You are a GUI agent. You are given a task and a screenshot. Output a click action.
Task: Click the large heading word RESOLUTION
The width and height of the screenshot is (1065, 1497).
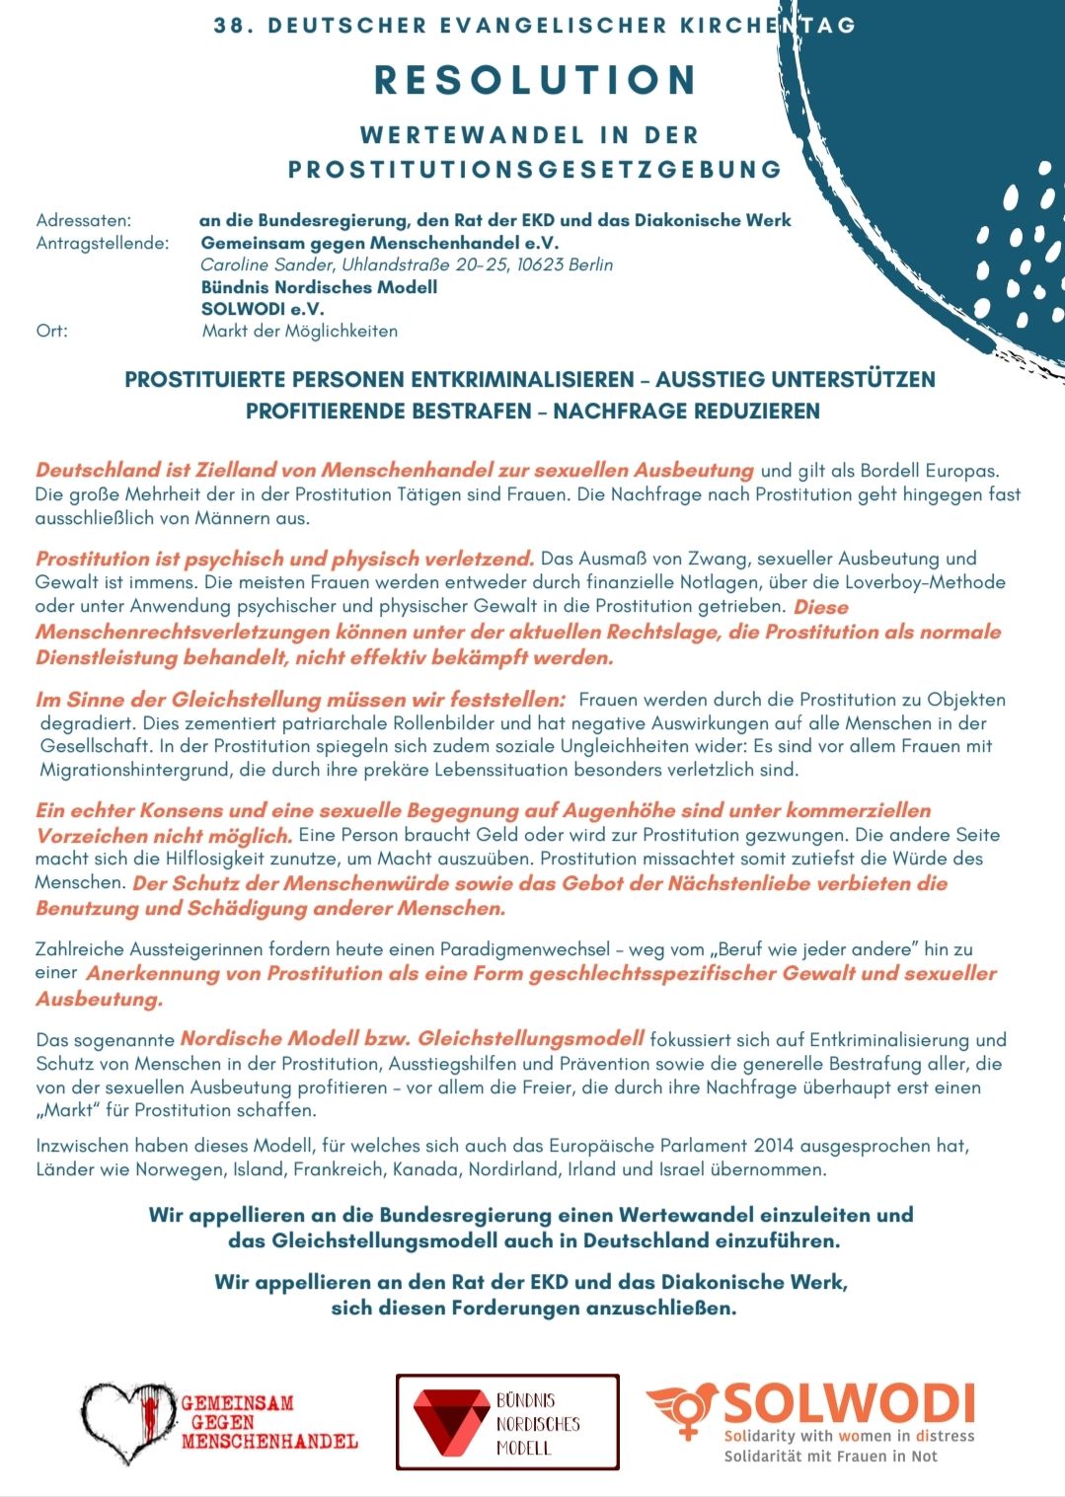[536, 81]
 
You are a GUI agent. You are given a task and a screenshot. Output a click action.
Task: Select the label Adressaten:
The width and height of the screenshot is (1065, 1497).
[83, 220]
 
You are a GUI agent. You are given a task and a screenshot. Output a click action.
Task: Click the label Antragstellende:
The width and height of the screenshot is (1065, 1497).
[102, 243]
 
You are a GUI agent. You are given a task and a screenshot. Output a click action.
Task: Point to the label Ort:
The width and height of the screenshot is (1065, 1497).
[51, 331]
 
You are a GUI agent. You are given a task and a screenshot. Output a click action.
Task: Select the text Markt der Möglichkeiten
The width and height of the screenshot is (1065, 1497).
[299, 331]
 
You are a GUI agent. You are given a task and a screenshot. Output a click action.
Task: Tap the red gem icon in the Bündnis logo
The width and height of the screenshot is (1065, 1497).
[450, 1422]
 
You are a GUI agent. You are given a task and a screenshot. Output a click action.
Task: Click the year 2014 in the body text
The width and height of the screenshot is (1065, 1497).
[773, 1146]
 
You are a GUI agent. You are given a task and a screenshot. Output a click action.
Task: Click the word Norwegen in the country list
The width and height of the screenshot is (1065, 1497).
[179, 1169]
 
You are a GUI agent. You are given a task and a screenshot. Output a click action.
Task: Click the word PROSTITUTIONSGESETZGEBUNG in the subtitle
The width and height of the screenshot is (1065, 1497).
[535, 170]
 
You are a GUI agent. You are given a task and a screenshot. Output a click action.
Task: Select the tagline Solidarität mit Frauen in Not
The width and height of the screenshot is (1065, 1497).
[830, 1457]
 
